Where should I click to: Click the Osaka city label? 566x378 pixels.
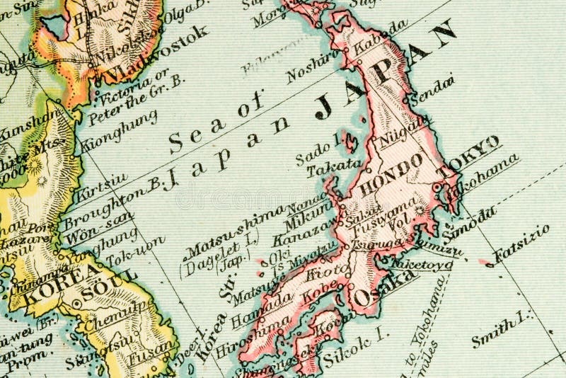pyautogui.click(x=383, y=287)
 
